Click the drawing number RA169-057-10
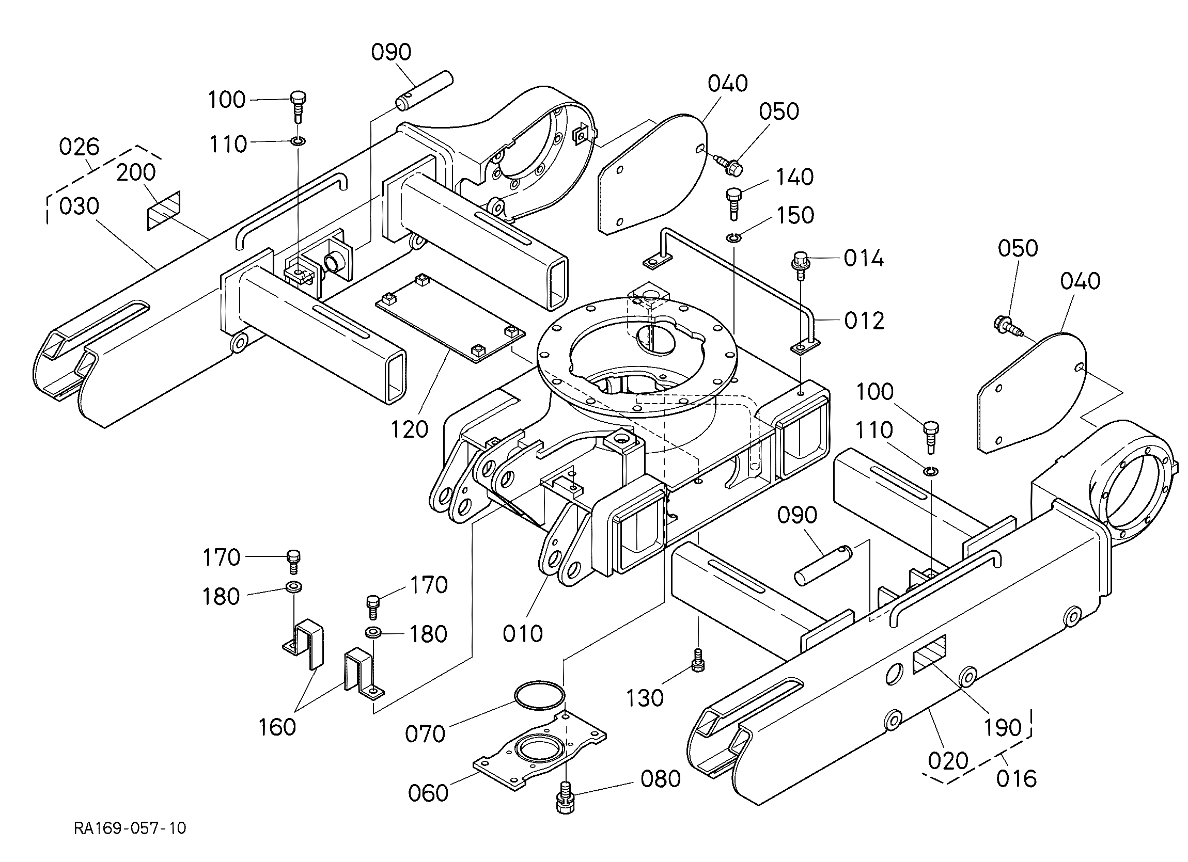coord(130,828)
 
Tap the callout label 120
coord(410,429)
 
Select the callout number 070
coord(425,734)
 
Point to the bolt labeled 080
coord(565,797)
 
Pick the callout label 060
coord(429,792)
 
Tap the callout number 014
coord(864,258)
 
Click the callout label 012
coord(864,321)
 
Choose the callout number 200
coord(136,172)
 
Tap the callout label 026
coord(79,147)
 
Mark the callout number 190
coord(1003,727)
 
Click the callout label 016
coord(1016,779)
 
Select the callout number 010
coord(523,634)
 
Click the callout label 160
coord(277,727)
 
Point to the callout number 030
coord(79,206)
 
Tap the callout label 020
coord(948,760)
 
